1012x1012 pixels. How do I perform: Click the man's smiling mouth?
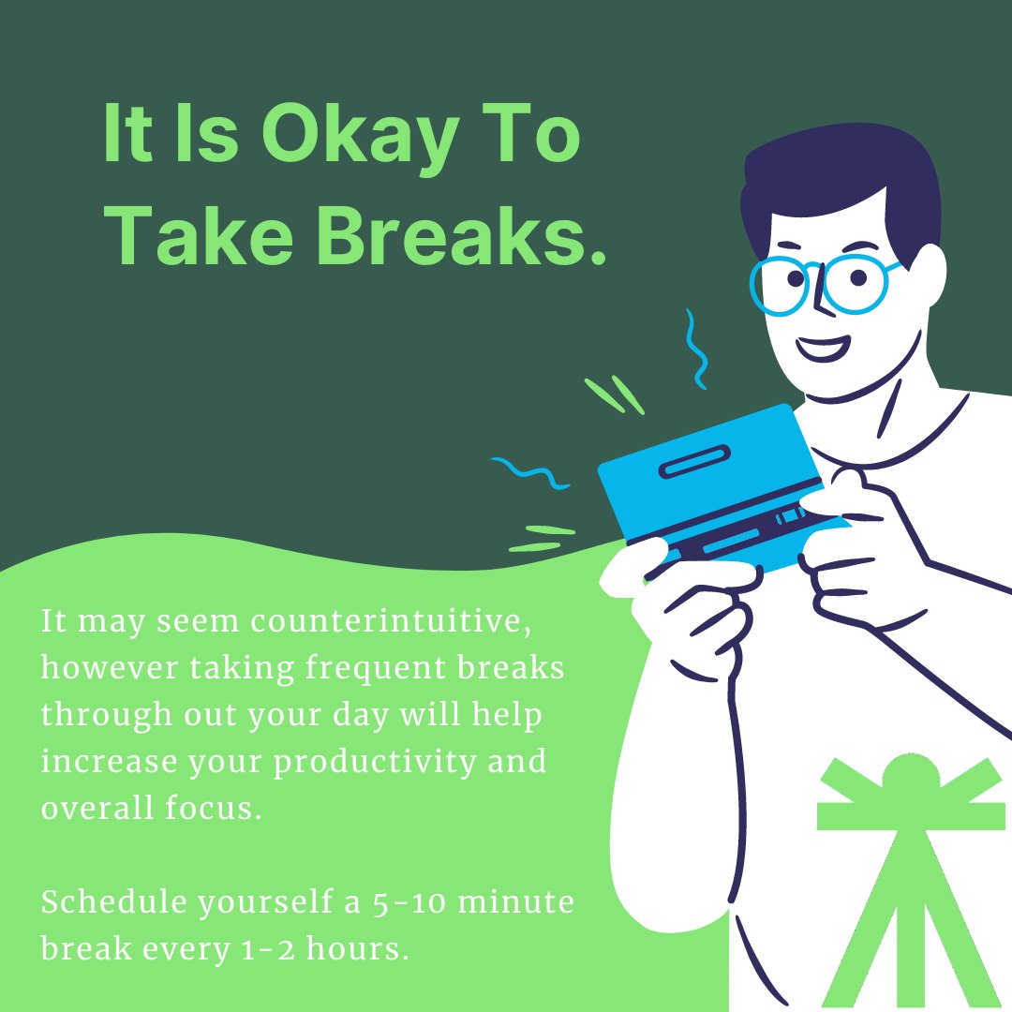824,348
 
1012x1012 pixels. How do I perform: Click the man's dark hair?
834,178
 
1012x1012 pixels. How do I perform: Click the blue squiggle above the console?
695,347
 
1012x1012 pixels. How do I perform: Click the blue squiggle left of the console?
531,473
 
